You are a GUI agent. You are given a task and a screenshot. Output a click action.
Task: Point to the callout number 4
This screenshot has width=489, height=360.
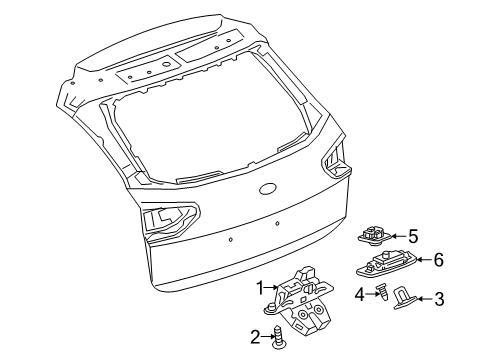[359, 321]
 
